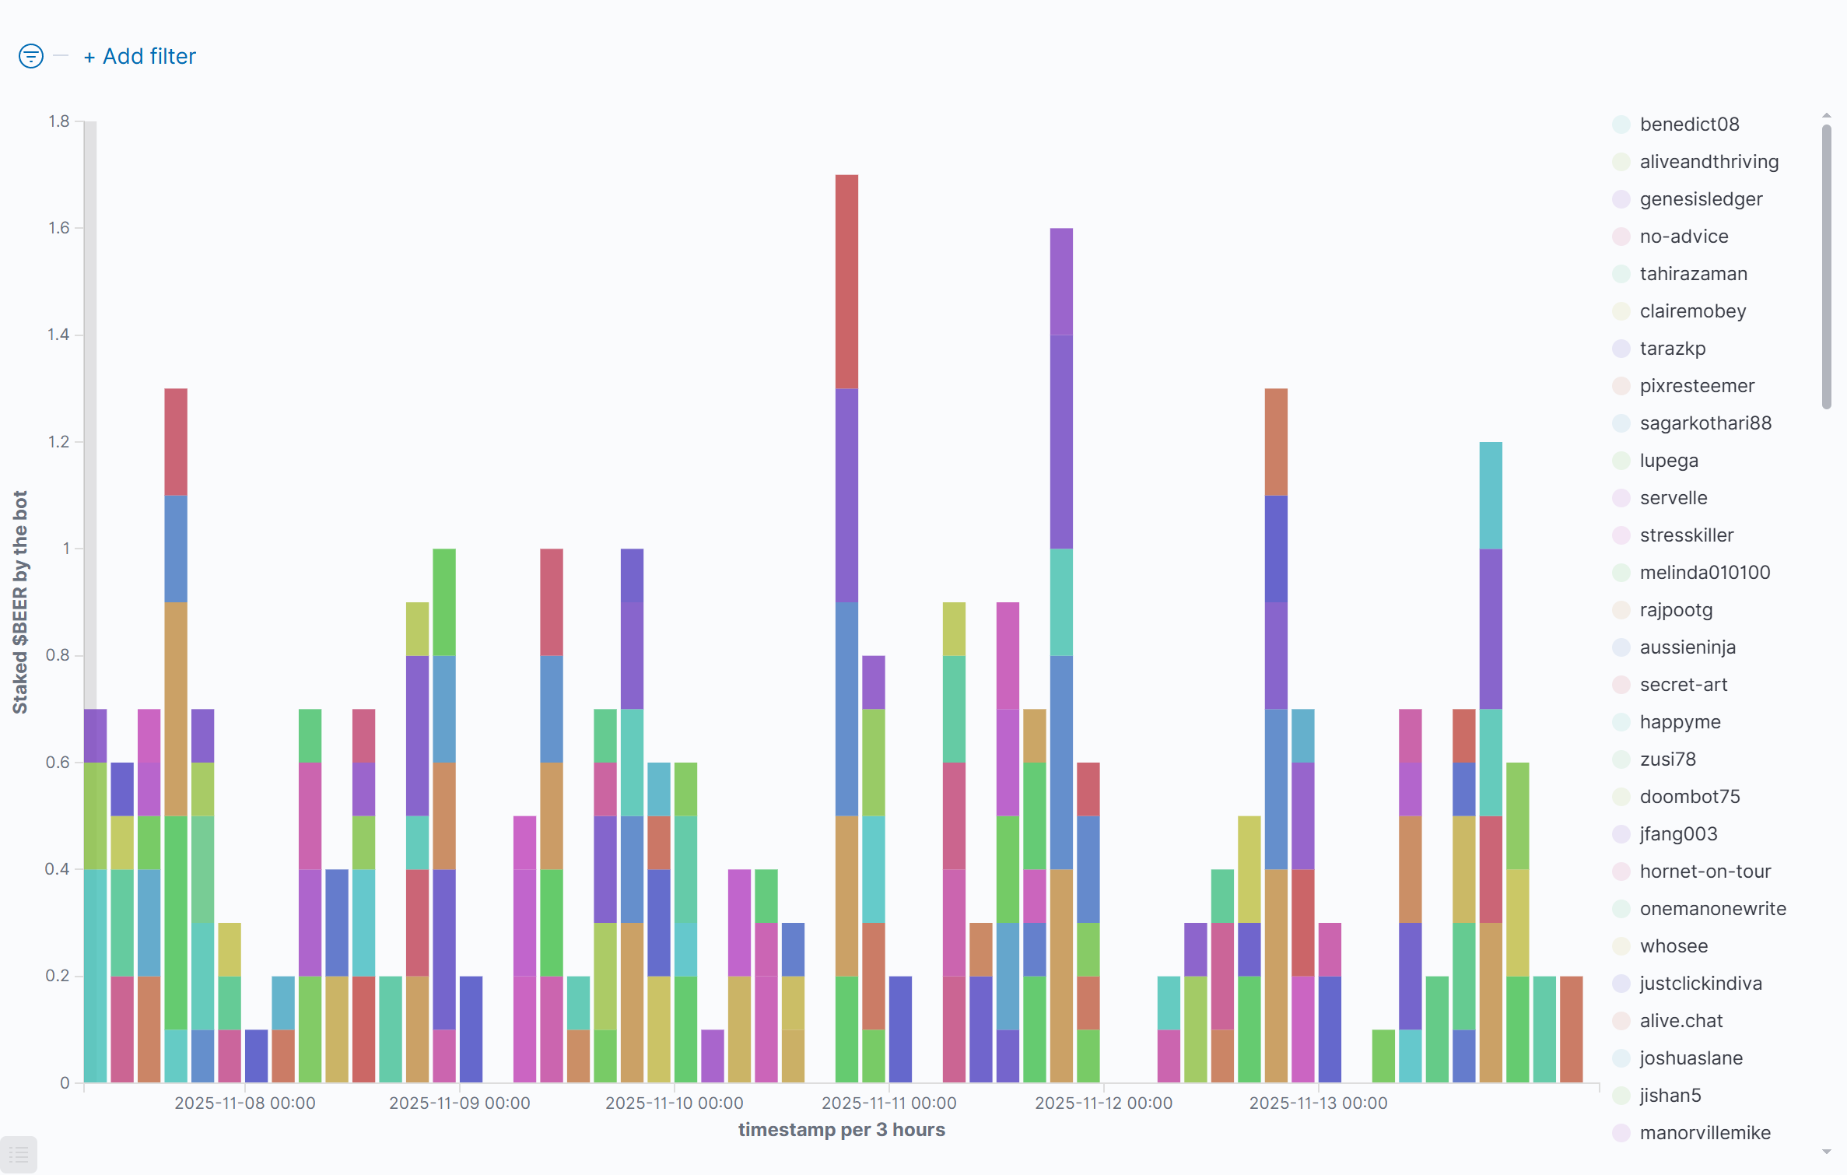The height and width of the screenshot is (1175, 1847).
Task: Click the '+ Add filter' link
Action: [x=141, y=57]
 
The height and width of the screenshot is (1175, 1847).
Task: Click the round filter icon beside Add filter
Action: [x=31, y=56]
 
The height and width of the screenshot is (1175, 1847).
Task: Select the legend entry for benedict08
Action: [x=1689, y=125]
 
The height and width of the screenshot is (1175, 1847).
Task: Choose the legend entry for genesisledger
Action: [x=1701, y=199]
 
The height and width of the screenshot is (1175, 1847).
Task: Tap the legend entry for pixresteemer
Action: [x=1697, y=386]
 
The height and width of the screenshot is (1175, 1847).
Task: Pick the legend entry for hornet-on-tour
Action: [x=1705, y=872]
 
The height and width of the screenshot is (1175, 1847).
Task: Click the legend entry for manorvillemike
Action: [x=1705, y=1133]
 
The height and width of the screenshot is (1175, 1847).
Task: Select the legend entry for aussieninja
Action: [x=1688, y=647]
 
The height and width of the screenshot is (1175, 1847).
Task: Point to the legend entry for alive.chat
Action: [x=1681, y=1021]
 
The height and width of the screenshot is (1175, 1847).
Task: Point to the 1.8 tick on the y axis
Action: [x=59, y=121]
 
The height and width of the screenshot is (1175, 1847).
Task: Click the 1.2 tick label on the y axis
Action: [x=59, y=442]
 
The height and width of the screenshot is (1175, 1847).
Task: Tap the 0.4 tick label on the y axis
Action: [x=58, y=869]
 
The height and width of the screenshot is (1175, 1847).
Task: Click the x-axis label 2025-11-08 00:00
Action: [x=245, y=1103]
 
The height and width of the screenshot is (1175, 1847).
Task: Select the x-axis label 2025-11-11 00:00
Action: [x=889, y=1103]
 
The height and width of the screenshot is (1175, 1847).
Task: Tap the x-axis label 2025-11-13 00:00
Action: [x=1318, y=1103]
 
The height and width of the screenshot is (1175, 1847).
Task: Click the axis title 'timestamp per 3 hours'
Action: [x=841, y=1130]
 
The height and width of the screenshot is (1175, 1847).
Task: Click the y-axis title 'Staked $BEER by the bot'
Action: [x=20, y=602]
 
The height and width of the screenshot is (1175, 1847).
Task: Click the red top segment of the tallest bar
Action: [x=846, y=280]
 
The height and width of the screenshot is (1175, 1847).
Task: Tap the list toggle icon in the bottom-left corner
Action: [x=19, y=1156]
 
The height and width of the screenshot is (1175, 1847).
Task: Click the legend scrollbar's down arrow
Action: [x=1826, y=1152]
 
